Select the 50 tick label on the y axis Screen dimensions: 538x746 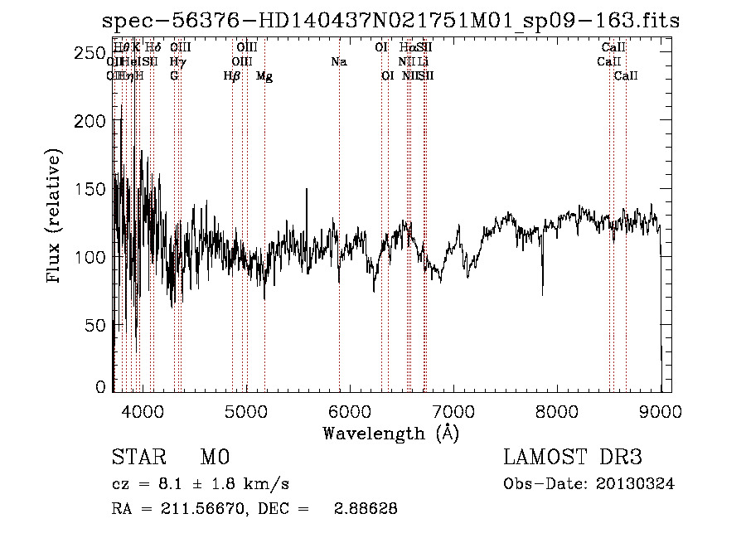coord(96,324)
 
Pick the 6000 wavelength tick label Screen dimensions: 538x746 coord(350,409)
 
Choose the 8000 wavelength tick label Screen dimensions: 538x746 coord(557,409)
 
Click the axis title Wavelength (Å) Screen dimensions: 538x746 coord(390,433)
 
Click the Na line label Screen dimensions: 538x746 coord(338,62)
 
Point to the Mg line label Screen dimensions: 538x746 coord(264,76)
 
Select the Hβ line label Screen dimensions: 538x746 coord(232,76)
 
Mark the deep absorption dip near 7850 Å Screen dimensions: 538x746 coord(543,292)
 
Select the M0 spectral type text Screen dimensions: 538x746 coord(215,458)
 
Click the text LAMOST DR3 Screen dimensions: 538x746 coord(572,458)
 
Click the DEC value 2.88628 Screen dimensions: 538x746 coord(364,509)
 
